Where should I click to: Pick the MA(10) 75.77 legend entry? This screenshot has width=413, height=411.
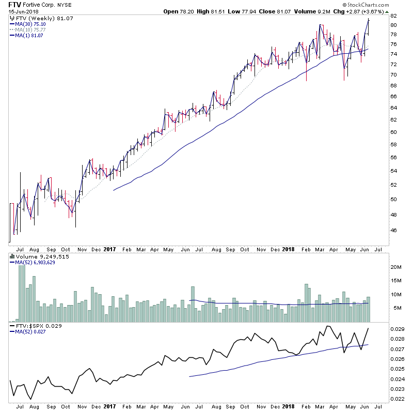[30, 29]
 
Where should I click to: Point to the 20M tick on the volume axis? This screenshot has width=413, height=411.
[395, 267]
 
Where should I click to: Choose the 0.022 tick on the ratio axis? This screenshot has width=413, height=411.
[397, 399]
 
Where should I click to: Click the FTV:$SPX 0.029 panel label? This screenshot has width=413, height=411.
[33, 326]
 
